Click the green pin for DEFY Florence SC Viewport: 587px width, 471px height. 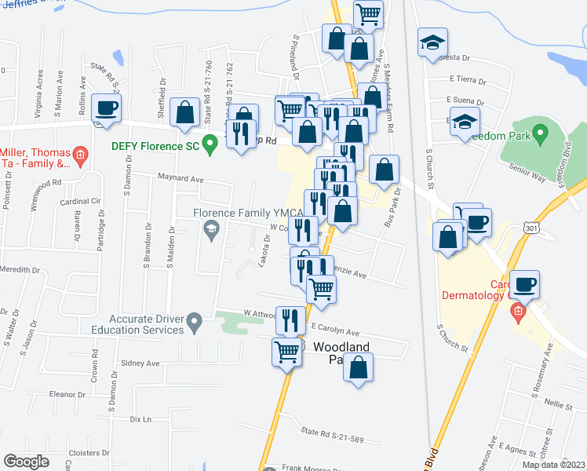[210, 144]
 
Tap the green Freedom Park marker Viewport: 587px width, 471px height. [539, 134]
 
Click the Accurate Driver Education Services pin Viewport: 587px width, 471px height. [196, 320]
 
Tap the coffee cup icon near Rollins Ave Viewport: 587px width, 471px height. [106, 108]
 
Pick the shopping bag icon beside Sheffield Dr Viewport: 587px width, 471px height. [185, 111]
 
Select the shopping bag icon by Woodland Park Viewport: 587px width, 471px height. [359, 367]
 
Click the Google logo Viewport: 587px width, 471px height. [27, 462]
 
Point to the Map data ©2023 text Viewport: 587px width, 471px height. [552, 465]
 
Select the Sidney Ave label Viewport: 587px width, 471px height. [140, 363]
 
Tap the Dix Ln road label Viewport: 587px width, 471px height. [140, 419]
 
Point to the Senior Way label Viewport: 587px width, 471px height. [526, 167]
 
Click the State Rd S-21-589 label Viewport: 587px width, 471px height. [333, 433]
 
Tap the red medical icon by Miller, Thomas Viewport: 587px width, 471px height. [80, 156]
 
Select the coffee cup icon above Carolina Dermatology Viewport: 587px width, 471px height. [525, 283]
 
